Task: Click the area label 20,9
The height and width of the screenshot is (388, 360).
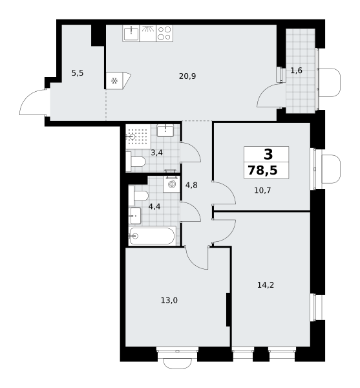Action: tap(187, 76)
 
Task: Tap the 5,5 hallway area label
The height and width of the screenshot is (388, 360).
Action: tap(78, 73)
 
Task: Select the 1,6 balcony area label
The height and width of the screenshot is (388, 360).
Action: tap(296, 70)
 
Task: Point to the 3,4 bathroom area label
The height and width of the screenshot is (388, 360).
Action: tap(157, 153)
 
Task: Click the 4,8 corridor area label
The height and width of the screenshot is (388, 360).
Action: tap(191, 185)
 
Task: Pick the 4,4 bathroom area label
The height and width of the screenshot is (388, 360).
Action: tap(154, 206)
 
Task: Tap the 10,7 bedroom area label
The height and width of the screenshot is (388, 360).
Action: tap(262, 191)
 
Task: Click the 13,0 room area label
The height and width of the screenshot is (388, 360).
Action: tap(169, 301)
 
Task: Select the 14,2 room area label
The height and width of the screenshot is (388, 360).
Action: tap(266, 285)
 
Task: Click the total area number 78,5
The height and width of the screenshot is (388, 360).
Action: tap(262, 171)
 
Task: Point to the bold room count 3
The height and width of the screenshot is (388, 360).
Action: tap(268, 155)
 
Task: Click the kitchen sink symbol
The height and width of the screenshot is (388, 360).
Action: tap(131, 34)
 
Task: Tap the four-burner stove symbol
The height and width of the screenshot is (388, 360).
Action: tap(164, 34)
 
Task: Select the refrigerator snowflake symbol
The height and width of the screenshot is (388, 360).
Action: tap(114, 81)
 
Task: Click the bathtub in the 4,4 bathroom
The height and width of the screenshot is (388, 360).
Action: tap(152, 236)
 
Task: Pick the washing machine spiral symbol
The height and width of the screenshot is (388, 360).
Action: tap(171, 184)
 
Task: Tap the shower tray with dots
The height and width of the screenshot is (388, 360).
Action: tap(138, 136)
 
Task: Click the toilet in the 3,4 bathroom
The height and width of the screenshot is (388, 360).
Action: tap(136, 162)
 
